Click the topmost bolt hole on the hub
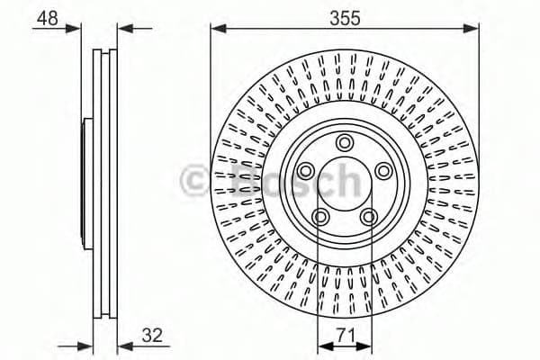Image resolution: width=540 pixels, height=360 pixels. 344,142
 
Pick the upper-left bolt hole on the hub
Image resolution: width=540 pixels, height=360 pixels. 305,171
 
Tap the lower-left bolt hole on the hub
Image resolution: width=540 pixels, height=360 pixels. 319,216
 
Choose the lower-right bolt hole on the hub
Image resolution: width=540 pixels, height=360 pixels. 368,216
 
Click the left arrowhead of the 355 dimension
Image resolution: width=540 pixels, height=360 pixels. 217,28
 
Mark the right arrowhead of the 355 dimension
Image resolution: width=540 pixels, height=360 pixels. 471,28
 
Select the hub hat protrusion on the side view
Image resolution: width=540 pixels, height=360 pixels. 86,180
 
